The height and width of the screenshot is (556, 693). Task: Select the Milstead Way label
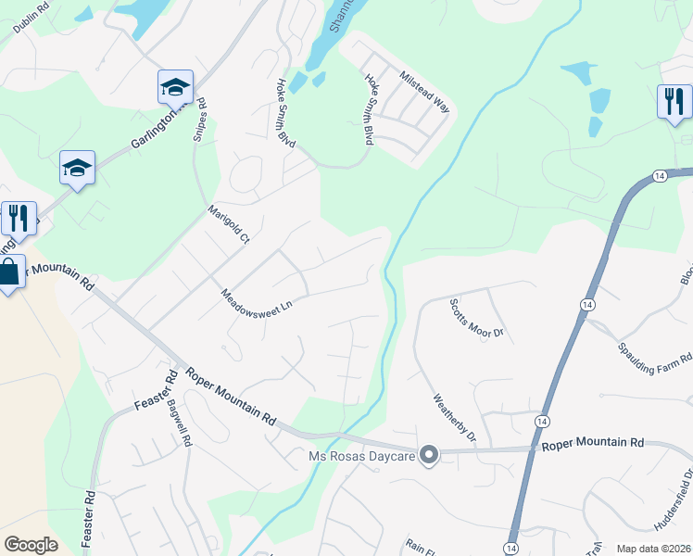tap(422, 91)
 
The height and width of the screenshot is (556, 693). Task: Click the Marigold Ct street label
tap(229, 224)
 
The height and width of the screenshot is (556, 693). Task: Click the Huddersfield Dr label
tap(674, 505)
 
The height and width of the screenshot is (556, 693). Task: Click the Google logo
tap(31, 544)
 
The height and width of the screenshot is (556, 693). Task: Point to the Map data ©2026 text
tap(653, 549)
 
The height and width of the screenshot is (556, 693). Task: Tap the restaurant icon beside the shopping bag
tap(19, 218)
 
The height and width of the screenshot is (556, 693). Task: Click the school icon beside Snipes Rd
tap(175, 87)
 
